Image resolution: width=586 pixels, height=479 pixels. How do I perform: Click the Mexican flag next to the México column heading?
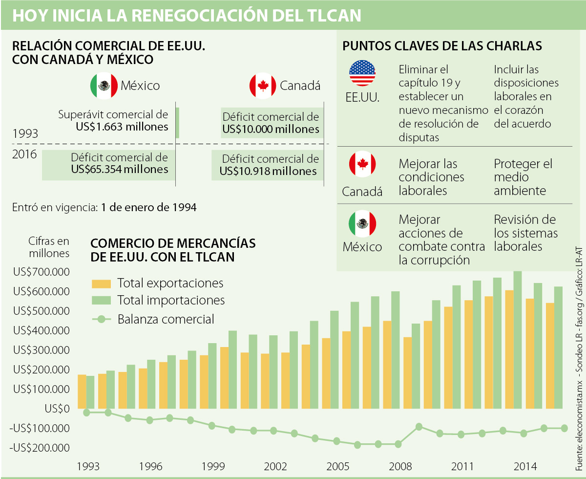[104, 86]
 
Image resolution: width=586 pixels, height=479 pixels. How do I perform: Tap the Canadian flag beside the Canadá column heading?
[263, 86]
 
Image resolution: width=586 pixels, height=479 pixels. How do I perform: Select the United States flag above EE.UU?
[362, 73]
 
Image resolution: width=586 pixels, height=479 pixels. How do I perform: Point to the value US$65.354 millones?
[120, 169]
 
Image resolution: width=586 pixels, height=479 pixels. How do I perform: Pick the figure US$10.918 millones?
[268, 171]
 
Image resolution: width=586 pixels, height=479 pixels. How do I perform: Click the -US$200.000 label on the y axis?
[41, 448]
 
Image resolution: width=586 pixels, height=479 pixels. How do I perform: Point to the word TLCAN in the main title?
[327, 15]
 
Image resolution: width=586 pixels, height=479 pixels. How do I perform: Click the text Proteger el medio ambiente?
[523, 177]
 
